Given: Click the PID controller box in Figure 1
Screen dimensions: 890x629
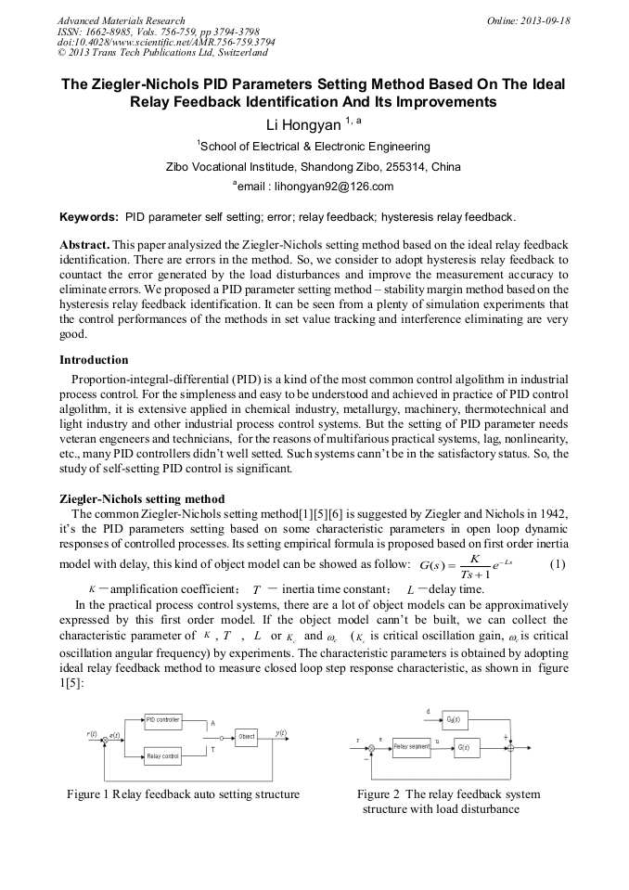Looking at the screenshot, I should [163, 719].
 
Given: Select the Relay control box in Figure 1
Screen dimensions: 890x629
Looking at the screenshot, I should [163, 756].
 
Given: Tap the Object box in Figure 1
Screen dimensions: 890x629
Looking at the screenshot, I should [246, 737].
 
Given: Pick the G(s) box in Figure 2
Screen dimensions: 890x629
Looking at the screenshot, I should [465, 746].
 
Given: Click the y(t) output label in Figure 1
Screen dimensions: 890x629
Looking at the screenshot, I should [281, 734].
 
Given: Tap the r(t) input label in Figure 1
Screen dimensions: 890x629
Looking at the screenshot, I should [93, 734].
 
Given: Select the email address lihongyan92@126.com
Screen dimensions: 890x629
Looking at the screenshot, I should [321, 187].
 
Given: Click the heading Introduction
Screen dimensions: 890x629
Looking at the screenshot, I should [94, 360].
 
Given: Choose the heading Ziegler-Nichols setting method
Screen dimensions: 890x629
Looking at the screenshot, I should [142, 499].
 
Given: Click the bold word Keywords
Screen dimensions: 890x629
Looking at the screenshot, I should [89, 217].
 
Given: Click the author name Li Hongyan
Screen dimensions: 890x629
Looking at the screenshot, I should [303, 124].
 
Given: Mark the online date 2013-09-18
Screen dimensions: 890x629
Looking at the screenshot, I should [543, 20].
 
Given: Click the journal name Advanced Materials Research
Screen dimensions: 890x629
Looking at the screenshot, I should [121, 20].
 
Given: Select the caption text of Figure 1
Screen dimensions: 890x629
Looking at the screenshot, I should [183, 794].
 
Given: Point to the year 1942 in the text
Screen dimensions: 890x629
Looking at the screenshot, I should [546, 514].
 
